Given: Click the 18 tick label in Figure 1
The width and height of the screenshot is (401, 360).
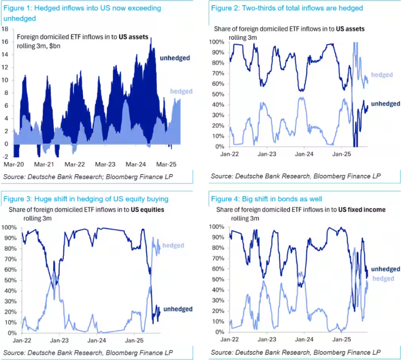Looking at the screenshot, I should click(6, 29).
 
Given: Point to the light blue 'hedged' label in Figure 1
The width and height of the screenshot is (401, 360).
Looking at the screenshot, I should click(181, 91).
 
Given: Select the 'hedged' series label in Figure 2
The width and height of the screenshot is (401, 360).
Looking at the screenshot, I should click(382, 75).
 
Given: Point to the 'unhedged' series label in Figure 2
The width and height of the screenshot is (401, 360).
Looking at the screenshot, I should click(385, 104).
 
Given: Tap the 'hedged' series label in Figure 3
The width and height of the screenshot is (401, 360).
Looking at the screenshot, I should click(173, 245).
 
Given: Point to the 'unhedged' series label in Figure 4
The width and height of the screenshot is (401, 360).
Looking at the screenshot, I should click(385, 269).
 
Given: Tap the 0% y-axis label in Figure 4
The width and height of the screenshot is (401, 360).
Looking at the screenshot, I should click(221, 332).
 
